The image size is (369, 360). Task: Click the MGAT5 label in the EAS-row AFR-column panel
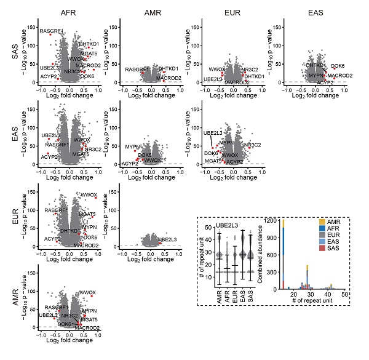coord(80,154)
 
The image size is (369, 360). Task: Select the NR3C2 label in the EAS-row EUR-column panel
coord(252,145)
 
